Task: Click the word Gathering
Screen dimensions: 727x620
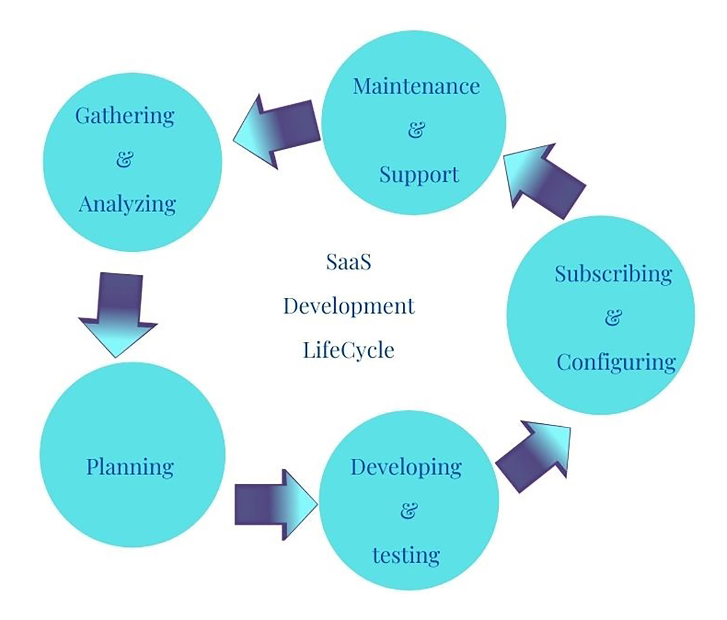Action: [x=125, y=116]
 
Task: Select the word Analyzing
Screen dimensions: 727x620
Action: [x=127, y=204]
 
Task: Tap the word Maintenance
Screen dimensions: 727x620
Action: [x=416, y=86]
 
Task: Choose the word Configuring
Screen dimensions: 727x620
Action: [x=616, y=363]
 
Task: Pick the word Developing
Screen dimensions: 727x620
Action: [x=406, y=467]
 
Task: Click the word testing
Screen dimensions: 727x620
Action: [x=406, y=556]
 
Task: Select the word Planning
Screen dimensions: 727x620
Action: [x=130, y=467]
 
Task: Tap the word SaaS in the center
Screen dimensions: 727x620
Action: [x=348, y=262]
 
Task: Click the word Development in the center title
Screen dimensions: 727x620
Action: [x=349, y=307]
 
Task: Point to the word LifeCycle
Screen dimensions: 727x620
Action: [x=348, y=350]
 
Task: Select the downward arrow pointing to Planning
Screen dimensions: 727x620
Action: [x=118, y=315]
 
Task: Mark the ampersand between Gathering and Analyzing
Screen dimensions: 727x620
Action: [x=125, y=159]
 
